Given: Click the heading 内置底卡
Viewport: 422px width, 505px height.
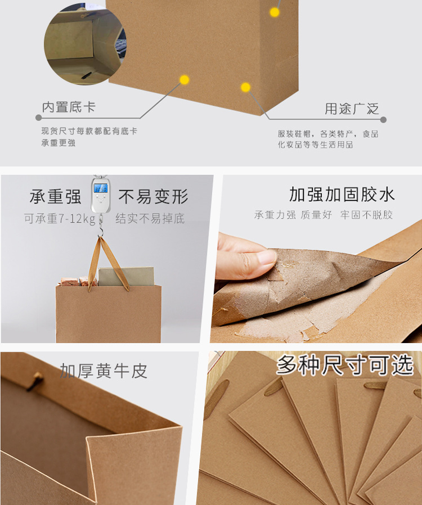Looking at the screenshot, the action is click(x=69, y=107).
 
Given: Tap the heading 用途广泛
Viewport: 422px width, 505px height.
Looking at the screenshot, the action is click(x=352, y=109).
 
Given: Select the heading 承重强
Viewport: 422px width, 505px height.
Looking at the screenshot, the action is click(x=55, y=196).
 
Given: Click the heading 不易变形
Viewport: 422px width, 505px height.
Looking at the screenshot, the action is click(x=154, y=196).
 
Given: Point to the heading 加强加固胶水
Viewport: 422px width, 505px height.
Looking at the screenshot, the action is click(x=342, y=194).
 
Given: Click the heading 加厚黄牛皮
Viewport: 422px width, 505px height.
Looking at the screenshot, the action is click(x=104, y=371).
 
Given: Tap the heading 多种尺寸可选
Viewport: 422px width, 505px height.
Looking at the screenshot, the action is click(x=345, y=364).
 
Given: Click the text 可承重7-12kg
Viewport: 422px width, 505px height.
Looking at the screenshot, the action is click(x=60, y=219).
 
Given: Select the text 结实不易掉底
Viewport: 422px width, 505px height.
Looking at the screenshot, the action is click(x=150, y=218).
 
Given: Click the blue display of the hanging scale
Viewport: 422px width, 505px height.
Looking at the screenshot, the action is click(x=101, y=188).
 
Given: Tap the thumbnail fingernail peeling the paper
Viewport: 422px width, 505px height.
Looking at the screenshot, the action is click(x=266, y=258).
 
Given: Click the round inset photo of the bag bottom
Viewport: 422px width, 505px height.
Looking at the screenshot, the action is click(x=85, y=44).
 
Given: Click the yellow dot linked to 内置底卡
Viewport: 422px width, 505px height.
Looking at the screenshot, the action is click(x=184, y=79).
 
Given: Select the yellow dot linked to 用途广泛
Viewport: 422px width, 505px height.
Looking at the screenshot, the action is click(x=245, y=87).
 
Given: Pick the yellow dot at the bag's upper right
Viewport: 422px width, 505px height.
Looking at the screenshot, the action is click(x=275, y=12).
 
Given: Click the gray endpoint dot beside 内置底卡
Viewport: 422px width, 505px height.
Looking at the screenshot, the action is click(x=39, y=118).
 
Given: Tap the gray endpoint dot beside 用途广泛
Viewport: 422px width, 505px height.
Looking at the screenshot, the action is click(x=383, y=120).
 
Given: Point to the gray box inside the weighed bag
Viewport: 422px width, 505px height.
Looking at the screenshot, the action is click(x=126, y=276).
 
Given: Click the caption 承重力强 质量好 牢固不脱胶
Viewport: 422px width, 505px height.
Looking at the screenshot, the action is click(x=324, y=215).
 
